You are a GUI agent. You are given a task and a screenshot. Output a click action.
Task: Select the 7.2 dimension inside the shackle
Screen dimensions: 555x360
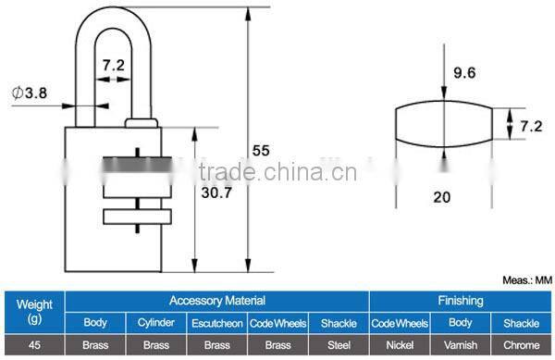[114, 65]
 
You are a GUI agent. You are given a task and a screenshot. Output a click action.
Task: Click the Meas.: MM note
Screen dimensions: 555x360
[525, 279]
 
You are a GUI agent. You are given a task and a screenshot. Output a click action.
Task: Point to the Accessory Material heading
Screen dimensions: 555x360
[216, 301]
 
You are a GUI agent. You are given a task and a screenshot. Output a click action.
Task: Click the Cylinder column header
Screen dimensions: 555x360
[155, 323]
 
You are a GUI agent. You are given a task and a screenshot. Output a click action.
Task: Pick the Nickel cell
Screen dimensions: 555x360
[399, 345]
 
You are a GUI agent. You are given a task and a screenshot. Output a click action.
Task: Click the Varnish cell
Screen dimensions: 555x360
[460, 345]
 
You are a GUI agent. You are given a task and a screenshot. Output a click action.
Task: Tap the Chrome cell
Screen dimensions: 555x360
[522, 345]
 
